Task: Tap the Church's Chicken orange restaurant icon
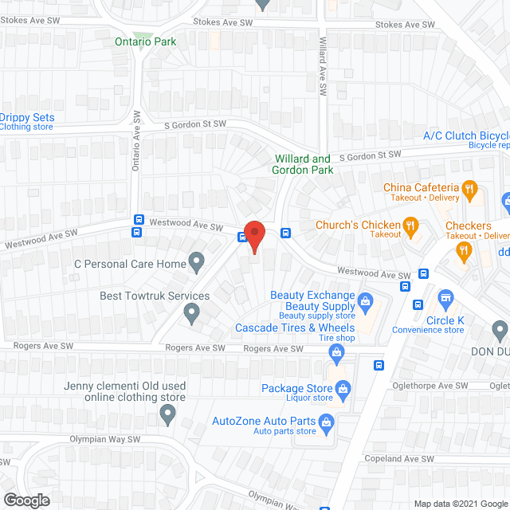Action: (411, 226)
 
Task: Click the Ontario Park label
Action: (144, 41)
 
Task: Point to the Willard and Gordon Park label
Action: (303, 164)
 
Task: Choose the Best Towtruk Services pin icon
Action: (191, 313)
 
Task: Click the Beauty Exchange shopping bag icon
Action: (366, 300)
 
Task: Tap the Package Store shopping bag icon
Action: (343, 389)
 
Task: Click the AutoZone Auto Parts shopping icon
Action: (325, 422)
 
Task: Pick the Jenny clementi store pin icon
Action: (167, 414)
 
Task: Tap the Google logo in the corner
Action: (25, 500)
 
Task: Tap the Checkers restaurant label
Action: (468, 226)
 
